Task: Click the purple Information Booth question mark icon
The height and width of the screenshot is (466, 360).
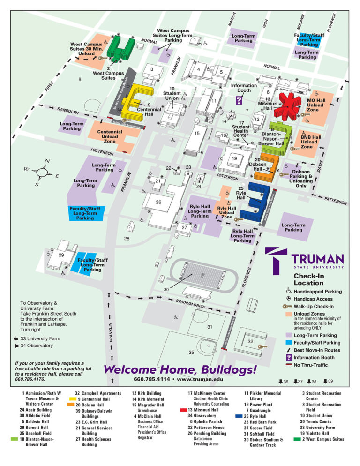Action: (239, 100)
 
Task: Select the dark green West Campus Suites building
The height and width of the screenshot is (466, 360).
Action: (120, 49)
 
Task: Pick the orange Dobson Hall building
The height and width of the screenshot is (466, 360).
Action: (266, 167)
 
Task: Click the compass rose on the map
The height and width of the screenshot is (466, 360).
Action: (42, 172)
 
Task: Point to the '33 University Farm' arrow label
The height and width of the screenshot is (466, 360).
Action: (40, 338)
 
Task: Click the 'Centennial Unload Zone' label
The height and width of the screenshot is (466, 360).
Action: (110, 136)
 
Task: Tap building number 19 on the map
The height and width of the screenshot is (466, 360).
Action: (233, 158)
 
